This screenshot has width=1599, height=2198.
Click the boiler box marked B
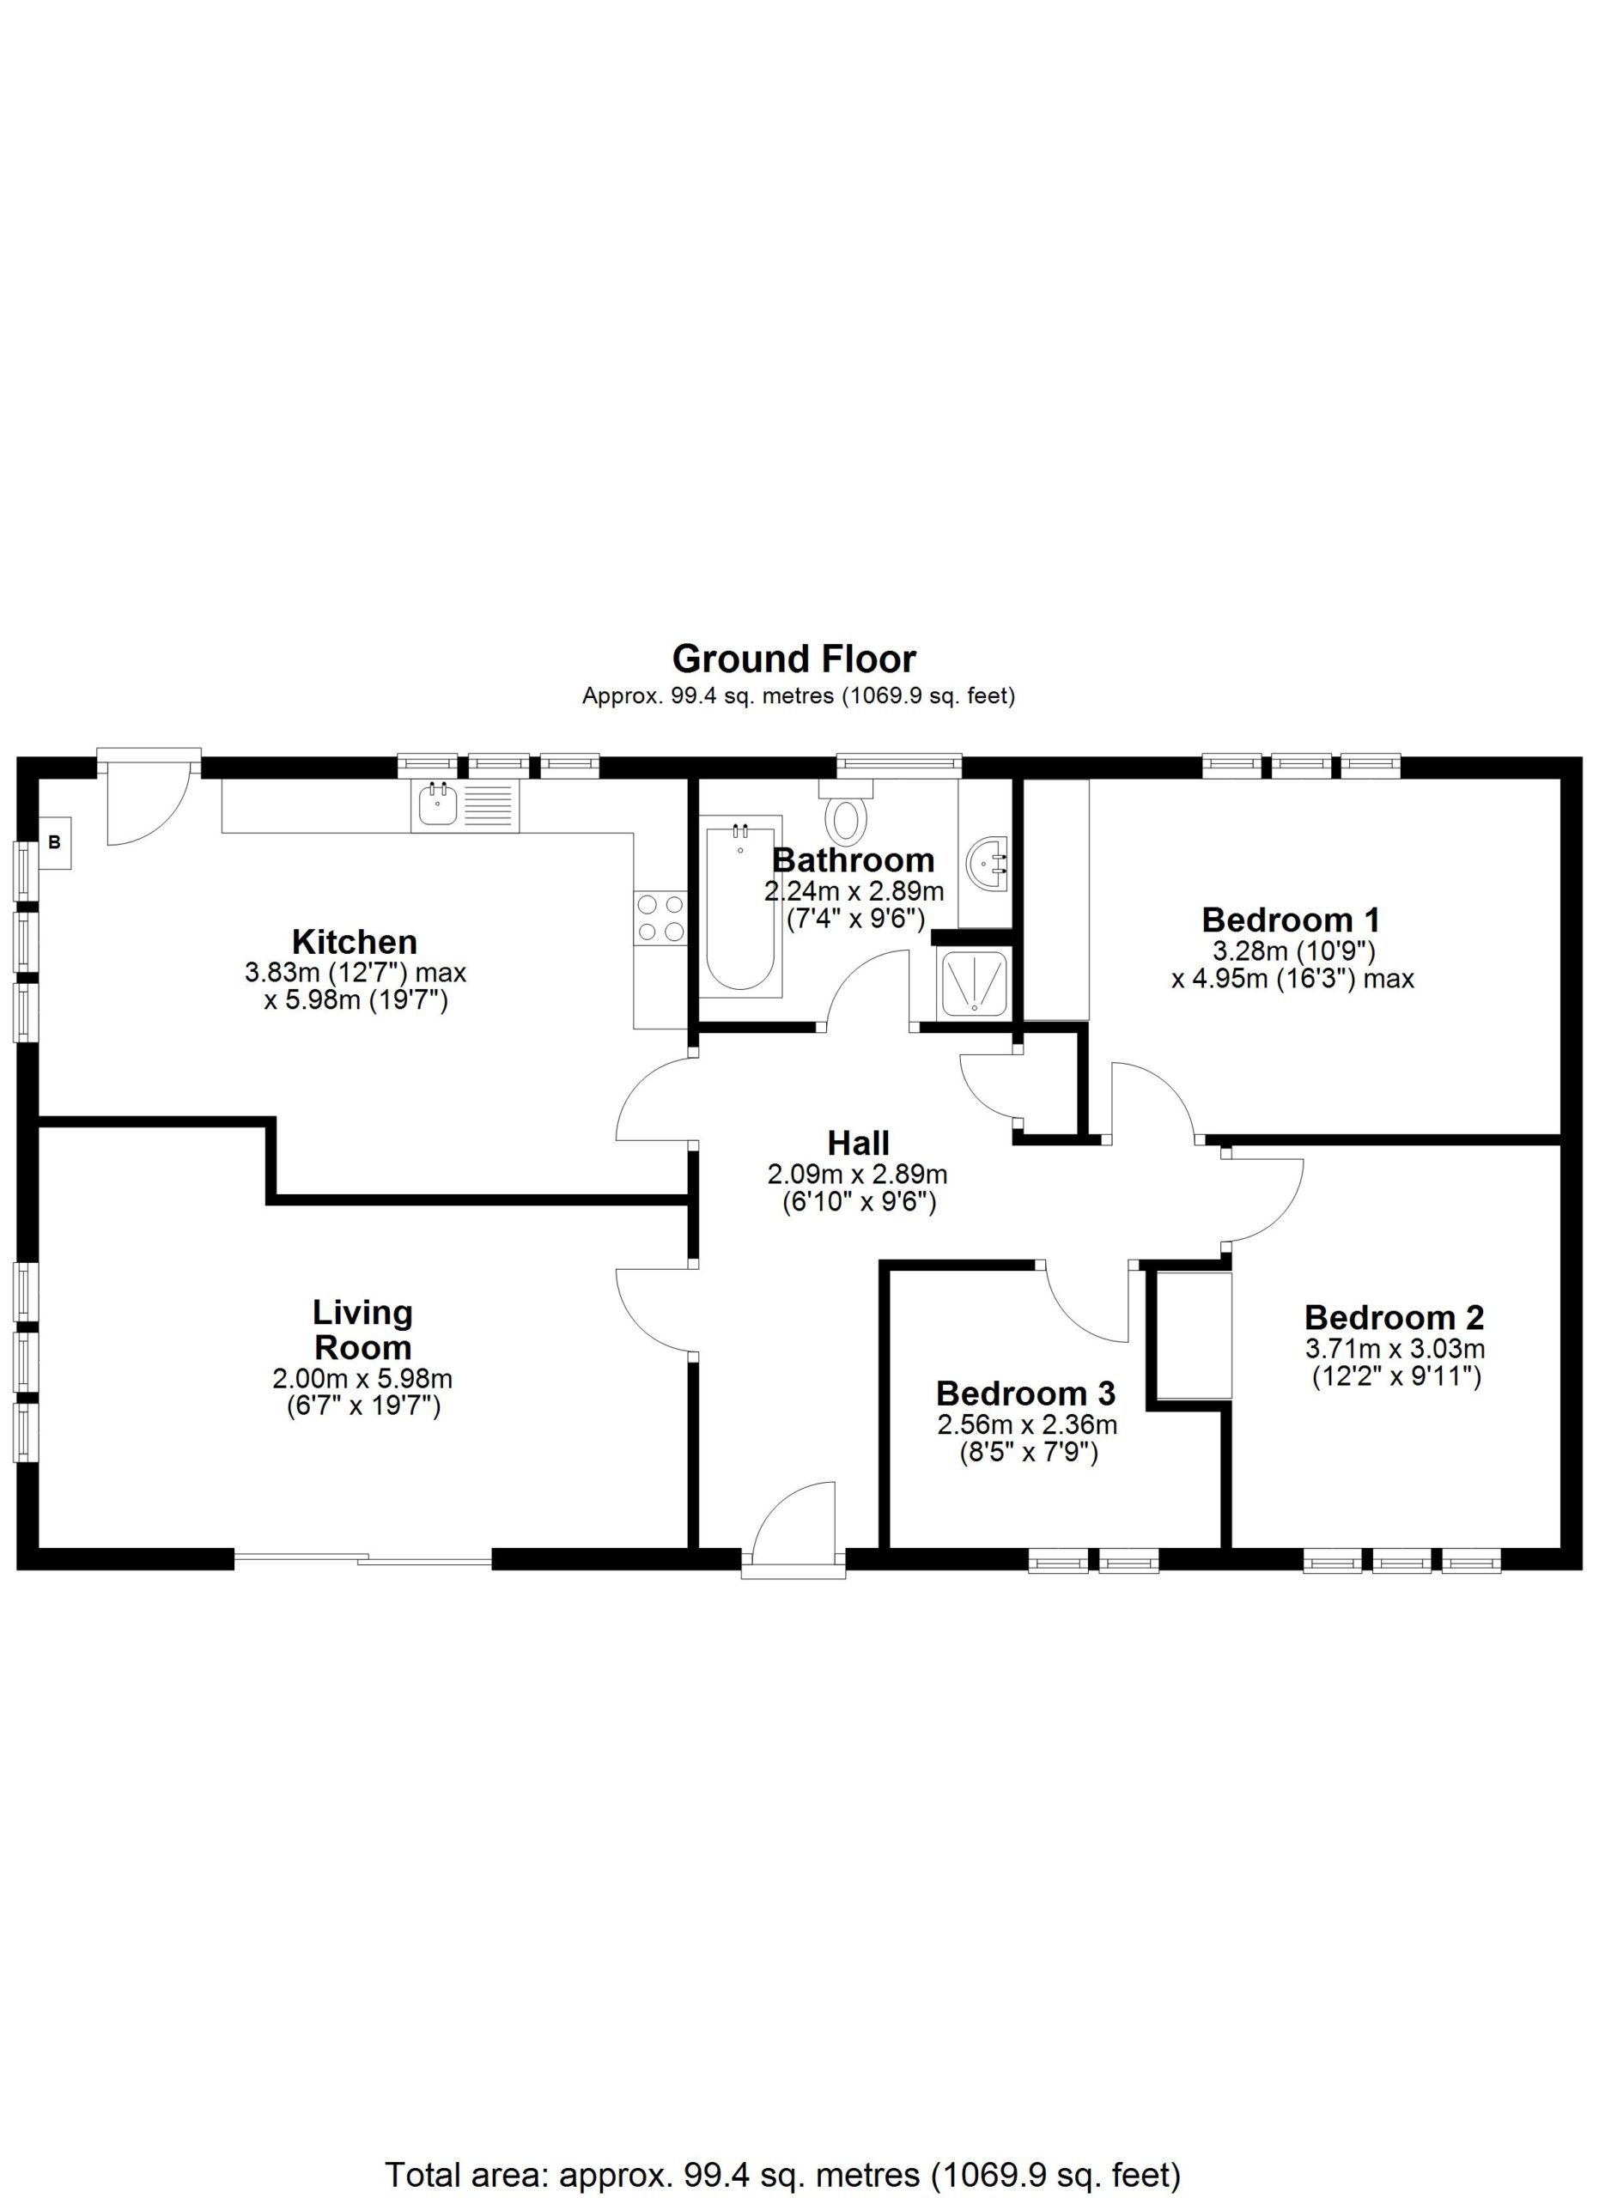coord(54,842)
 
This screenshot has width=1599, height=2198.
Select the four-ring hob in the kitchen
coord(660,918)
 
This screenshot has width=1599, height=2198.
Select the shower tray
coord(973,981)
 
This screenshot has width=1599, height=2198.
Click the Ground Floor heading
coord(793,659)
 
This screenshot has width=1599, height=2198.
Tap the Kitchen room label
coord(355,941)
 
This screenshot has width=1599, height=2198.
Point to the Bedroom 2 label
coord(1395,1317)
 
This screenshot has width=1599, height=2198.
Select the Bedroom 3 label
coord(1025,1393)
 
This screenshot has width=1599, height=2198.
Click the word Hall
coord(858,1143)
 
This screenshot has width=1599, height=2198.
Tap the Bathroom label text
coord(853,859)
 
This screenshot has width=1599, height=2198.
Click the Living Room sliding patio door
coord(363,1558)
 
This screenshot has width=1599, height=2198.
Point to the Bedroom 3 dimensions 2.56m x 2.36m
coord(1026,1424)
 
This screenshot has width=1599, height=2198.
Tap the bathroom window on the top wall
coord(899,765)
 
